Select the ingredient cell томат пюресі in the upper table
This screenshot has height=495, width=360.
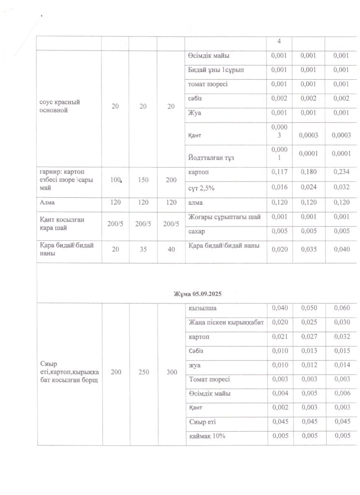coord(208,84)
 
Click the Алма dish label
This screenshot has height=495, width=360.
coord(47,204)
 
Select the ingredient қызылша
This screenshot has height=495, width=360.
coord(202,308)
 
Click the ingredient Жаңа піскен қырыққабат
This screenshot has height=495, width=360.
coord(226,322)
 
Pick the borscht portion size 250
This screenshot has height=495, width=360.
coord(143,373)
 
